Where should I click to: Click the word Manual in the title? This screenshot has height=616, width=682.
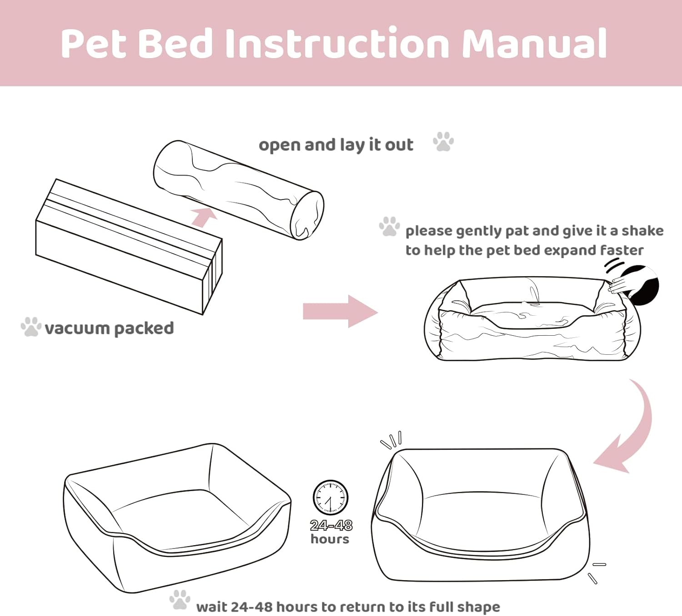tap(534, 44)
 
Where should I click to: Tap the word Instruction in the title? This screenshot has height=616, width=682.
tap(338, 44)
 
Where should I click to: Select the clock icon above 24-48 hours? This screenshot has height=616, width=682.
tap(330, 497)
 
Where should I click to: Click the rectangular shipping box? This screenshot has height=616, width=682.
tap(129, 247)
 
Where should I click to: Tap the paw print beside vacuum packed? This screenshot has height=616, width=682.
tap(31, 327)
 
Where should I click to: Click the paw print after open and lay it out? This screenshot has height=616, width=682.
tap(443, 142)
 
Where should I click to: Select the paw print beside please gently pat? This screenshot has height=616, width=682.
tap(390, 226)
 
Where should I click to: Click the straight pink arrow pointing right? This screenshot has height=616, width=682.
tap(341, 311)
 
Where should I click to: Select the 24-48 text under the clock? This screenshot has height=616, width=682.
tap(331, 525)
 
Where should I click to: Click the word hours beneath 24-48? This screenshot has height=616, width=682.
tap(330, 539)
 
